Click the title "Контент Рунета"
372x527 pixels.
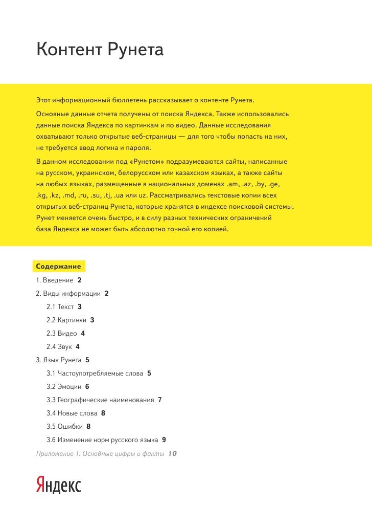click(x=100, y=50)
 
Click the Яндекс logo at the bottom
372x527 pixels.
click(x=58, y=485)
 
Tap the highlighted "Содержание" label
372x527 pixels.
click(x=58, y=267)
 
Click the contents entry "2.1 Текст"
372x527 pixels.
click(x=60, y=307)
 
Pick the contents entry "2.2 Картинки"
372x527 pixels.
click(x=66, y=320)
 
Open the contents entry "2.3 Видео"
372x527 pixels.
click(x=62, y=334)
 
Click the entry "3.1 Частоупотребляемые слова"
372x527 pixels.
click(x=95, y=374)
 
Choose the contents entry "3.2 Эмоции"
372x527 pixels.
click(x=63, y=387)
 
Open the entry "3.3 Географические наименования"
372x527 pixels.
click(x=100, y=400)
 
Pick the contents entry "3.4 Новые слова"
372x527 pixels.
click(x=72, y=413)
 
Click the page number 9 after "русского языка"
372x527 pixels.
click(x=164, y=440)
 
